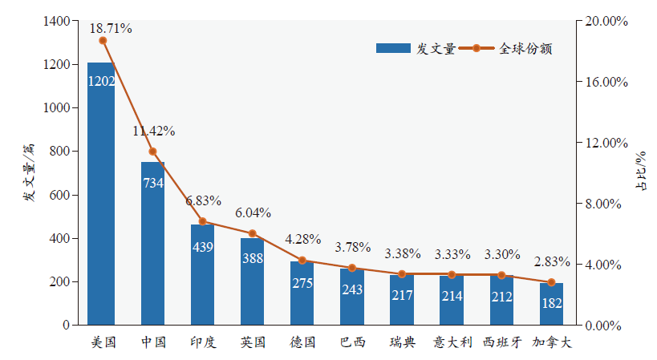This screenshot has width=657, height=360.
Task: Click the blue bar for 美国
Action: [x=101, y=192]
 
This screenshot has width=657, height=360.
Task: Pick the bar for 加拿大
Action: [x=551, y=304]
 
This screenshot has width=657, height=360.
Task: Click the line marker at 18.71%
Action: [x=103, y=41]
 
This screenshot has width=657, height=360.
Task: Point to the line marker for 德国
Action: [x=302, y=261]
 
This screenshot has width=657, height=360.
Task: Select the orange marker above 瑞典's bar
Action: [x=402, y=274]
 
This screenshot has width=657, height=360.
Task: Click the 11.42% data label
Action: [x=154, y=131]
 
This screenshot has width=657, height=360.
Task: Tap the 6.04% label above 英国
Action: [x=253, y=213]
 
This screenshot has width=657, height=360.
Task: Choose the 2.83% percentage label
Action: [x=552, y=261]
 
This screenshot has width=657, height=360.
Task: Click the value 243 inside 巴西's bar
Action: [x=352, y=289]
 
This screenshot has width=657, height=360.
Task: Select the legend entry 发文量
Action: [x=416, y=48]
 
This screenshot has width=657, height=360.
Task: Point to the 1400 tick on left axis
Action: [x=55, y=22]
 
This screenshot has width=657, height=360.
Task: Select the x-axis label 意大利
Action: [x=452, y=342]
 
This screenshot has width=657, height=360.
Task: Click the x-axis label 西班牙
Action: [x=503, y=342]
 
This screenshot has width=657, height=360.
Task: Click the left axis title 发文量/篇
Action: [x=29, y=172]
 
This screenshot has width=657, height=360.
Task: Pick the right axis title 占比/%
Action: [x=640, y=172]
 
